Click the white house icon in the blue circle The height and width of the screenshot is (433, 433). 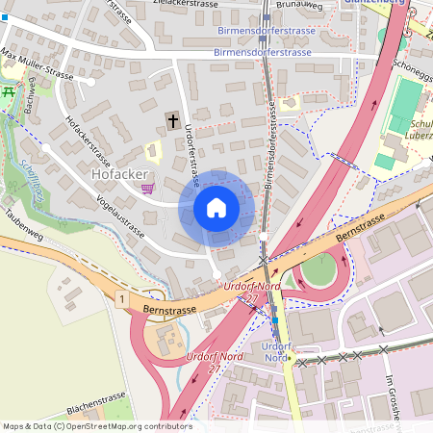[216, 208]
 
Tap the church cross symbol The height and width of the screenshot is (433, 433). [173, 120]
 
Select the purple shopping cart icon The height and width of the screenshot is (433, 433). [147, 188]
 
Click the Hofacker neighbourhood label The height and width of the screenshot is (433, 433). [118, 176]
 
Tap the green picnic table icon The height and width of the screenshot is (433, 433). [10, 90]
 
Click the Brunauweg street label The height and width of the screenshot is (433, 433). [298, 5]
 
